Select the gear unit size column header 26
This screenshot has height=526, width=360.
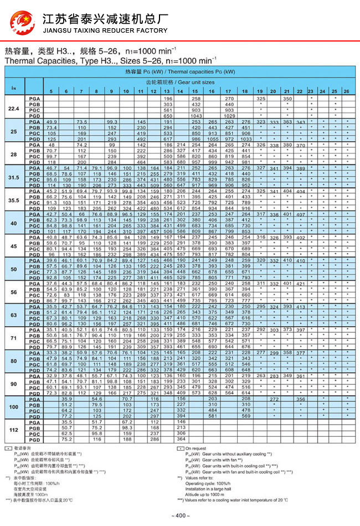click(346, 91)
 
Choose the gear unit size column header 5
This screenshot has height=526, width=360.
click(51, 91)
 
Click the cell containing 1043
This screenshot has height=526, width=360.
click(196, 115)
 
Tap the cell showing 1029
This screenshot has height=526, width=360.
click(229, 115)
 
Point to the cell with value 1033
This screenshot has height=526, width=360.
click(246, 138)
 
